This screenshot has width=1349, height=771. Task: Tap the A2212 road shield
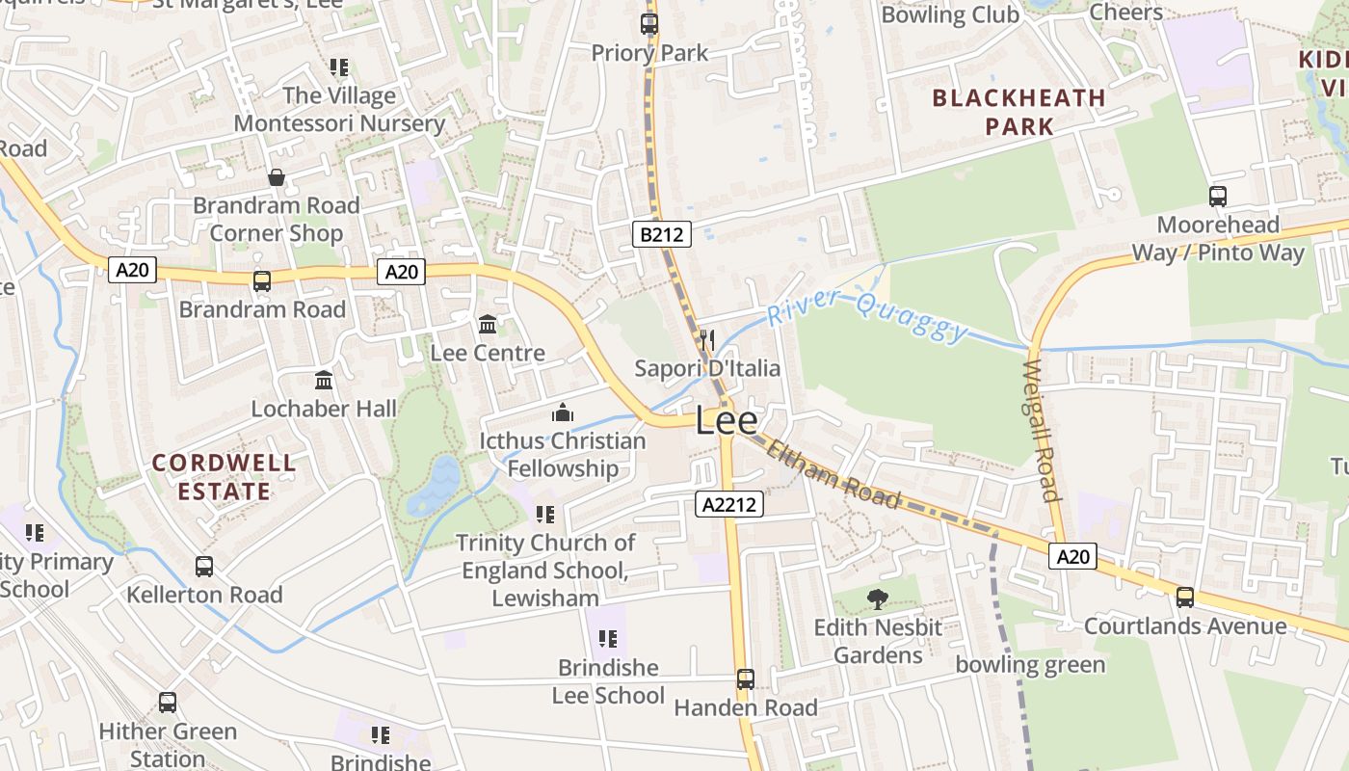point(728,504)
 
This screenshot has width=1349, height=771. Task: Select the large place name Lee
point(726,421)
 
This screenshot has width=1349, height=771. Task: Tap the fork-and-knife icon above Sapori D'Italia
point(707,339)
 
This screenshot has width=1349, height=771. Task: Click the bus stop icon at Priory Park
point(649,24)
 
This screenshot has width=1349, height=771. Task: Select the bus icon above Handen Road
point(745,678)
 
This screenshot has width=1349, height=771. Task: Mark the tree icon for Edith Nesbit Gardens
point(877,599)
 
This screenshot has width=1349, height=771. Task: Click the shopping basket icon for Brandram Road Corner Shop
point(277,177)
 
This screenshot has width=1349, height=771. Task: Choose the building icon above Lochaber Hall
point(324,381)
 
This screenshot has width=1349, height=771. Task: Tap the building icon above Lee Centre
point(488,325)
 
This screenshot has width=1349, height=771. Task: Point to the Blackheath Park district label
point(1019,112)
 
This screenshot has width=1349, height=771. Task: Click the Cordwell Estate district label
point(224,477)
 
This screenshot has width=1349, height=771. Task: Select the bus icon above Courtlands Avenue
point(1185,598)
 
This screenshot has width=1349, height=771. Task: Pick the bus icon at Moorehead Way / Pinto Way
point(1218,197)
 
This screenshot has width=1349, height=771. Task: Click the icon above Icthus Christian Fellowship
point(563,413)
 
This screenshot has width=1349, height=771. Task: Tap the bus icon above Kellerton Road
point(204,567)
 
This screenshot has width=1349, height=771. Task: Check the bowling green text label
point(1030,665)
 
